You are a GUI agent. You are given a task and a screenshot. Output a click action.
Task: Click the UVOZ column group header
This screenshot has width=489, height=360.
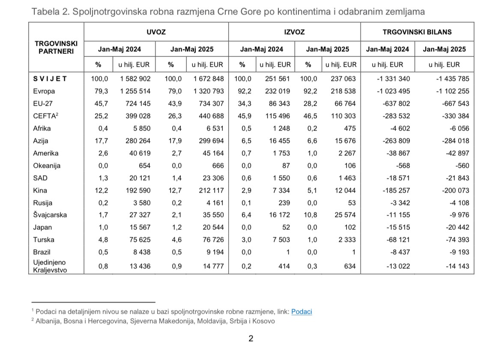156,32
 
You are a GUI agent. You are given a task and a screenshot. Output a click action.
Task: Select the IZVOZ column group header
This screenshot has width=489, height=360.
295,32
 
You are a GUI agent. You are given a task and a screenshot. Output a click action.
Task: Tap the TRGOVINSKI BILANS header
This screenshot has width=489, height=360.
417,32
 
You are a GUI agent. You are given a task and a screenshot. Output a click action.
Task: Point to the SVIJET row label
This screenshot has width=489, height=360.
50,79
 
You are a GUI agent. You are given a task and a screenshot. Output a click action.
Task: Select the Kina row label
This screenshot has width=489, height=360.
40,190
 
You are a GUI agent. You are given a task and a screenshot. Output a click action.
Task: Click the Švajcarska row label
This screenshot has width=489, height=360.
50,215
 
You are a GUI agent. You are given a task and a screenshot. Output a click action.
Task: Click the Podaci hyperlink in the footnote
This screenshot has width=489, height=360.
301,312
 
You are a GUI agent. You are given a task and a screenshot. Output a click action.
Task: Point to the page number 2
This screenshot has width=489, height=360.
251,339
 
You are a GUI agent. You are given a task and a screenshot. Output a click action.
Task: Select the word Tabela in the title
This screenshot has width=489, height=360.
44,12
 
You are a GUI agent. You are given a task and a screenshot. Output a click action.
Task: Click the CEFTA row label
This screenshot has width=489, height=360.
45,116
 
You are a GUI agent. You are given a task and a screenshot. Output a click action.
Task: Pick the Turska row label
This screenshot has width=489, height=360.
44,240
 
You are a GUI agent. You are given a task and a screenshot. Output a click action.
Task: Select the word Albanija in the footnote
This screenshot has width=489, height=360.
48,321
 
